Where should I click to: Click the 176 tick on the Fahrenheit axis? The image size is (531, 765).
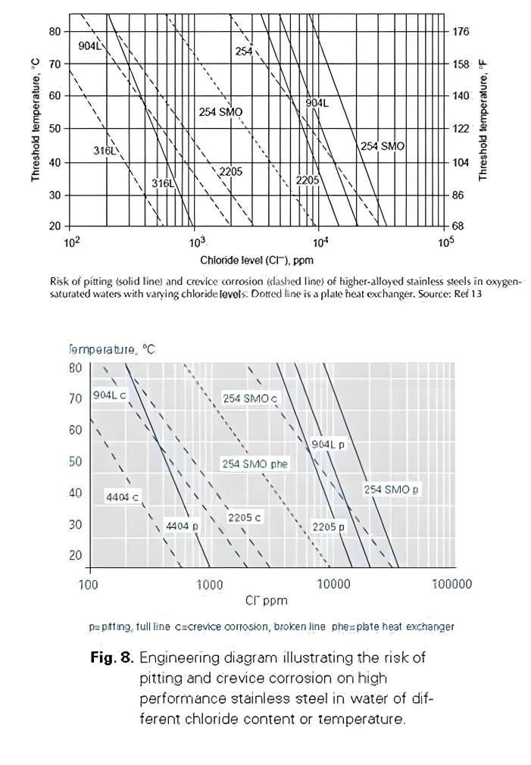click(x=461, y=31)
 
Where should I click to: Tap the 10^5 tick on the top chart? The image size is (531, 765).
click(x=445, y=243)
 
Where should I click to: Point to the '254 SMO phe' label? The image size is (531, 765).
click(x=255, y=464)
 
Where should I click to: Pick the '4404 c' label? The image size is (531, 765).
click(x=122, y=497)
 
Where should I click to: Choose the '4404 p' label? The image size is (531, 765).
click(x=182, y=526)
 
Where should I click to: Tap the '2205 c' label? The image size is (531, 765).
click(x=245, y=517)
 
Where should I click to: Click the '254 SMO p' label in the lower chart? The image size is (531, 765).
click(x=392, y=489)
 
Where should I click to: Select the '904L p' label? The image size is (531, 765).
click(x=328, y=445)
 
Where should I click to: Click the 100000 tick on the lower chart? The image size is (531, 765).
click(x=451, y=584)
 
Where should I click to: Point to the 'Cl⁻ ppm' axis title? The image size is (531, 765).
click(x=266, y=601)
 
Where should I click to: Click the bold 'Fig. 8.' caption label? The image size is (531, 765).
click(x=111, y=657)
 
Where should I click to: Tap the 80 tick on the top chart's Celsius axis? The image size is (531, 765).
click(x=55, y=31)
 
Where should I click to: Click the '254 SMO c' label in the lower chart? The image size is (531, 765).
click(x=250, y=398)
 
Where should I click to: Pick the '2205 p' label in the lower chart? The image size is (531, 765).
click(x=328, y=526)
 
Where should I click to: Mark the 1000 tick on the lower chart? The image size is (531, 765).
click(x=209, y=584)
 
